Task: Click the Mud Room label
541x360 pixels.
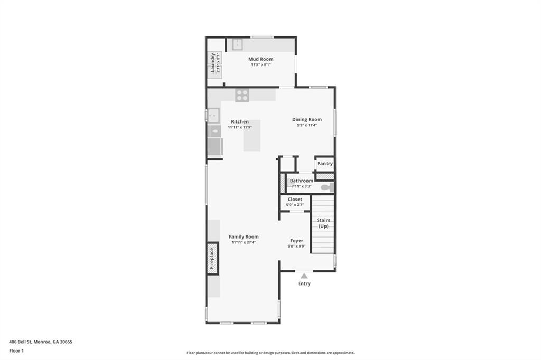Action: click(x=261, y=59)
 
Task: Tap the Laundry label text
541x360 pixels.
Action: click(x=213, y=62)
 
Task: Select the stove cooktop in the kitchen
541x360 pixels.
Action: click(x=242, y=95)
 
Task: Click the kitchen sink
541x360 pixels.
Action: click(x=213, y=115)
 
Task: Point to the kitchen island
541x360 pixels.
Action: click(x=252, y=136)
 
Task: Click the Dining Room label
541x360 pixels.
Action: click(x=307, y=119)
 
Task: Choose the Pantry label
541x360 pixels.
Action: click(x=325, y=164)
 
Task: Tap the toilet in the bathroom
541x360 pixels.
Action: click(x=327, y=187)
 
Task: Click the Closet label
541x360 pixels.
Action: click(x=295, y=200)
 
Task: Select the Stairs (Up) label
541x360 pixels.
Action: click(x=323, y=223)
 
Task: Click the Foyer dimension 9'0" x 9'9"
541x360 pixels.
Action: click(x=296, y=246)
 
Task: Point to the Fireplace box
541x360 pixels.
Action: click(x=212, y=259)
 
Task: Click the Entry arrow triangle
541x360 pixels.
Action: click(x=304, y=276)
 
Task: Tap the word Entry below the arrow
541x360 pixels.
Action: click(x=304, y=283)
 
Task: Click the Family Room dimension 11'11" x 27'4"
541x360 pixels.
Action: click(x=244, y=242)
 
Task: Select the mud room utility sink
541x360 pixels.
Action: click(x=237, y=44)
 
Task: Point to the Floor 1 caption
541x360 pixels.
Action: click(x=16, y=350)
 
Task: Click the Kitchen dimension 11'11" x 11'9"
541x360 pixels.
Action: click(x=240, y=127)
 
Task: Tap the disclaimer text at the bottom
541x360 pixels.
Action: click(x=270, y=353)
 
